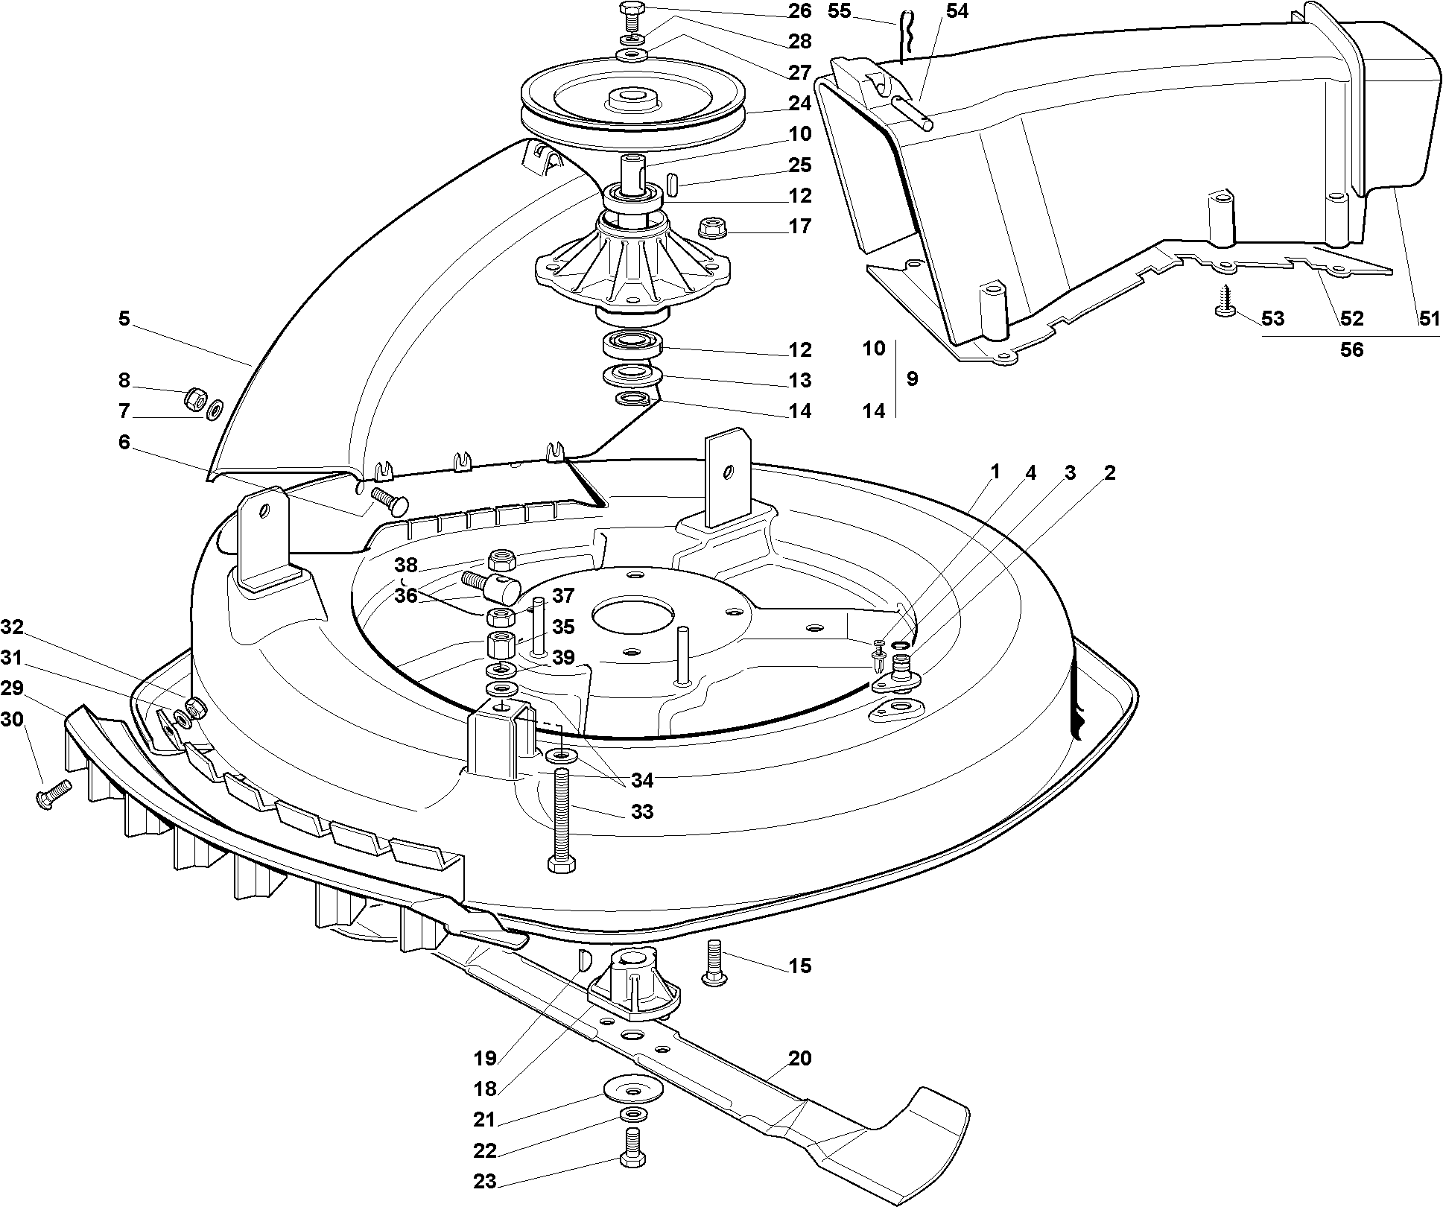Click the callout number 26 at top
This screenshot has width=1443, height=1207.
799,10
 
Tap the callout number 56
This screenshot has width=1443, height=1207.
1351,349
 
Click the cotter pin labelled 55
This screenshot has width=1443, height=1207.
902,37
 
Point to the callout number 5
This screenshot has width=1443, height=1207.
124,319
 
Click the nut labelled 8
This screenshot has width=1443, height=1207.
195,399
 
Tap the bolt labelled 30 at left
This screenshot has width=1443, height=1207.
52,793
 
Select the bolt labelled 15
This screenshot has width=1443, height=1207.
714,965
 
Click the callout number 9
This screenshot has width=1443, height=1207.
912,378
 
